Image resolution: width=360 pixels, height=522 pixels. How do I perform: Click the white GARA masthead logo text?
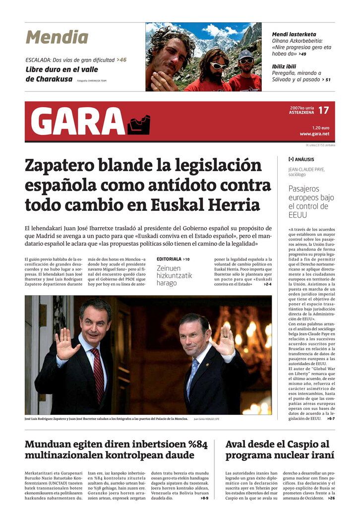point(78,122)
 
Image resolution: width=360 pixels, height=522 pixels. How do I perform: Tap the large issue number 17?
point(323,110)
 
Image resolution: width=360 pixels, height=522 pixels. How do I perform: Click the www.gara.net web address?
point(314,134)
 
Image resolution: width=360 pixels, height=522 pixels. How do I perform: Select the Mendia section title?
point(57,37)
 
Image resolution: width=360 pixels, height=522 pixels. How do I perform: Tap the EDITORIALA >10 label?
point(173,259)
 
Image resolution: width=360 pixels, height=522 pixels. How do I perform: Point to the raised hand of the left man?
point(65,344)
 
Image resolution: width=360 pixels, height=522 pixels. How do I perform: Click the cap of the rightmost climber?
point(245,54)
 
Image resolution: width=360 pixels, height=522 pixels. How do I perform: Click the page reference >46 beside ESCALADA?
point(121,60)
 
